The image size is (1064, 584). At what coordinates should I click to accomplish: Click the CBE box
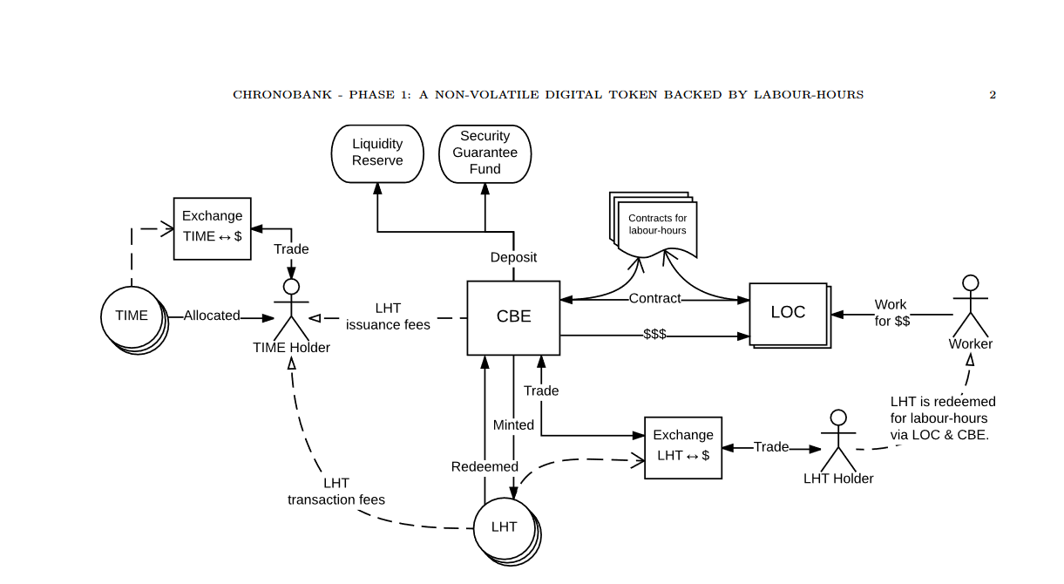pos(513,317)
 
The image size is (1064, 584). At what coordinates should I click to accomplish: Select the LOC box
pos(788,313)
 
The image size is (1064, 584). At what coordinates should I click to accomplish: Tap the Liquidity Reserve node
pos(377,153)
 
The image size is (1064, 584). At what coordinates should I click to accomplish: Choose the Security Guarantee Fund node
pos(485,153)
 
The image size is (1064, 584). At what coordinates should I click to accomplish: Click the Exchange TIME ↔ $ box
pos(213,227)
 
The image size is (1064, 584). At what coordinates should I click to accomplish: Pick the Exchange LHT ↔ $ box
pos(683,446)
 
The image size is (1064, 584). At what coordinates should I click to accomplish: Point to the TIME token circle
pos(132,316)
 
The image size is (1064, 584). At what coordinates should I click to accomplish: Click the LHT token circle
pos(505,527)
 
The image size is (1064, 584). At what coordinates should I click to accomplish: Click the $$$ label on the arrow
pos(654,335)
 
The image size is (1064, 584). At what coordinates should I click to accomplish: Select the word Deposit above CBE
pos(513,257)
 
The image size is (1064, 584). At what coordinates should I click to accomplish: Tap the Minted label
pos(513,425)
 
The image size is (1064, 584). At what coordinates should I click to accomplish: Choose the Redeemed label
pos(485,467)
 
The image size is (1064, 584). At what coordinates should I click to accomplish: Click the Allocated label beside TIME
pos(211,316)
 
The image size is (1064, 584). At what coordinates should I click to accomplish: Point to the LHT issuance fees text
pos(388,316)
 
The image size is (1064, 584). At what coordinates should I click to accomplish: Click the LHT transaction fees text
pos(336,492)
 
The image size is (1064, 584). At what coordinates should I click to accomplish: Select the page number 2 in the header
pos(993,95)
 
